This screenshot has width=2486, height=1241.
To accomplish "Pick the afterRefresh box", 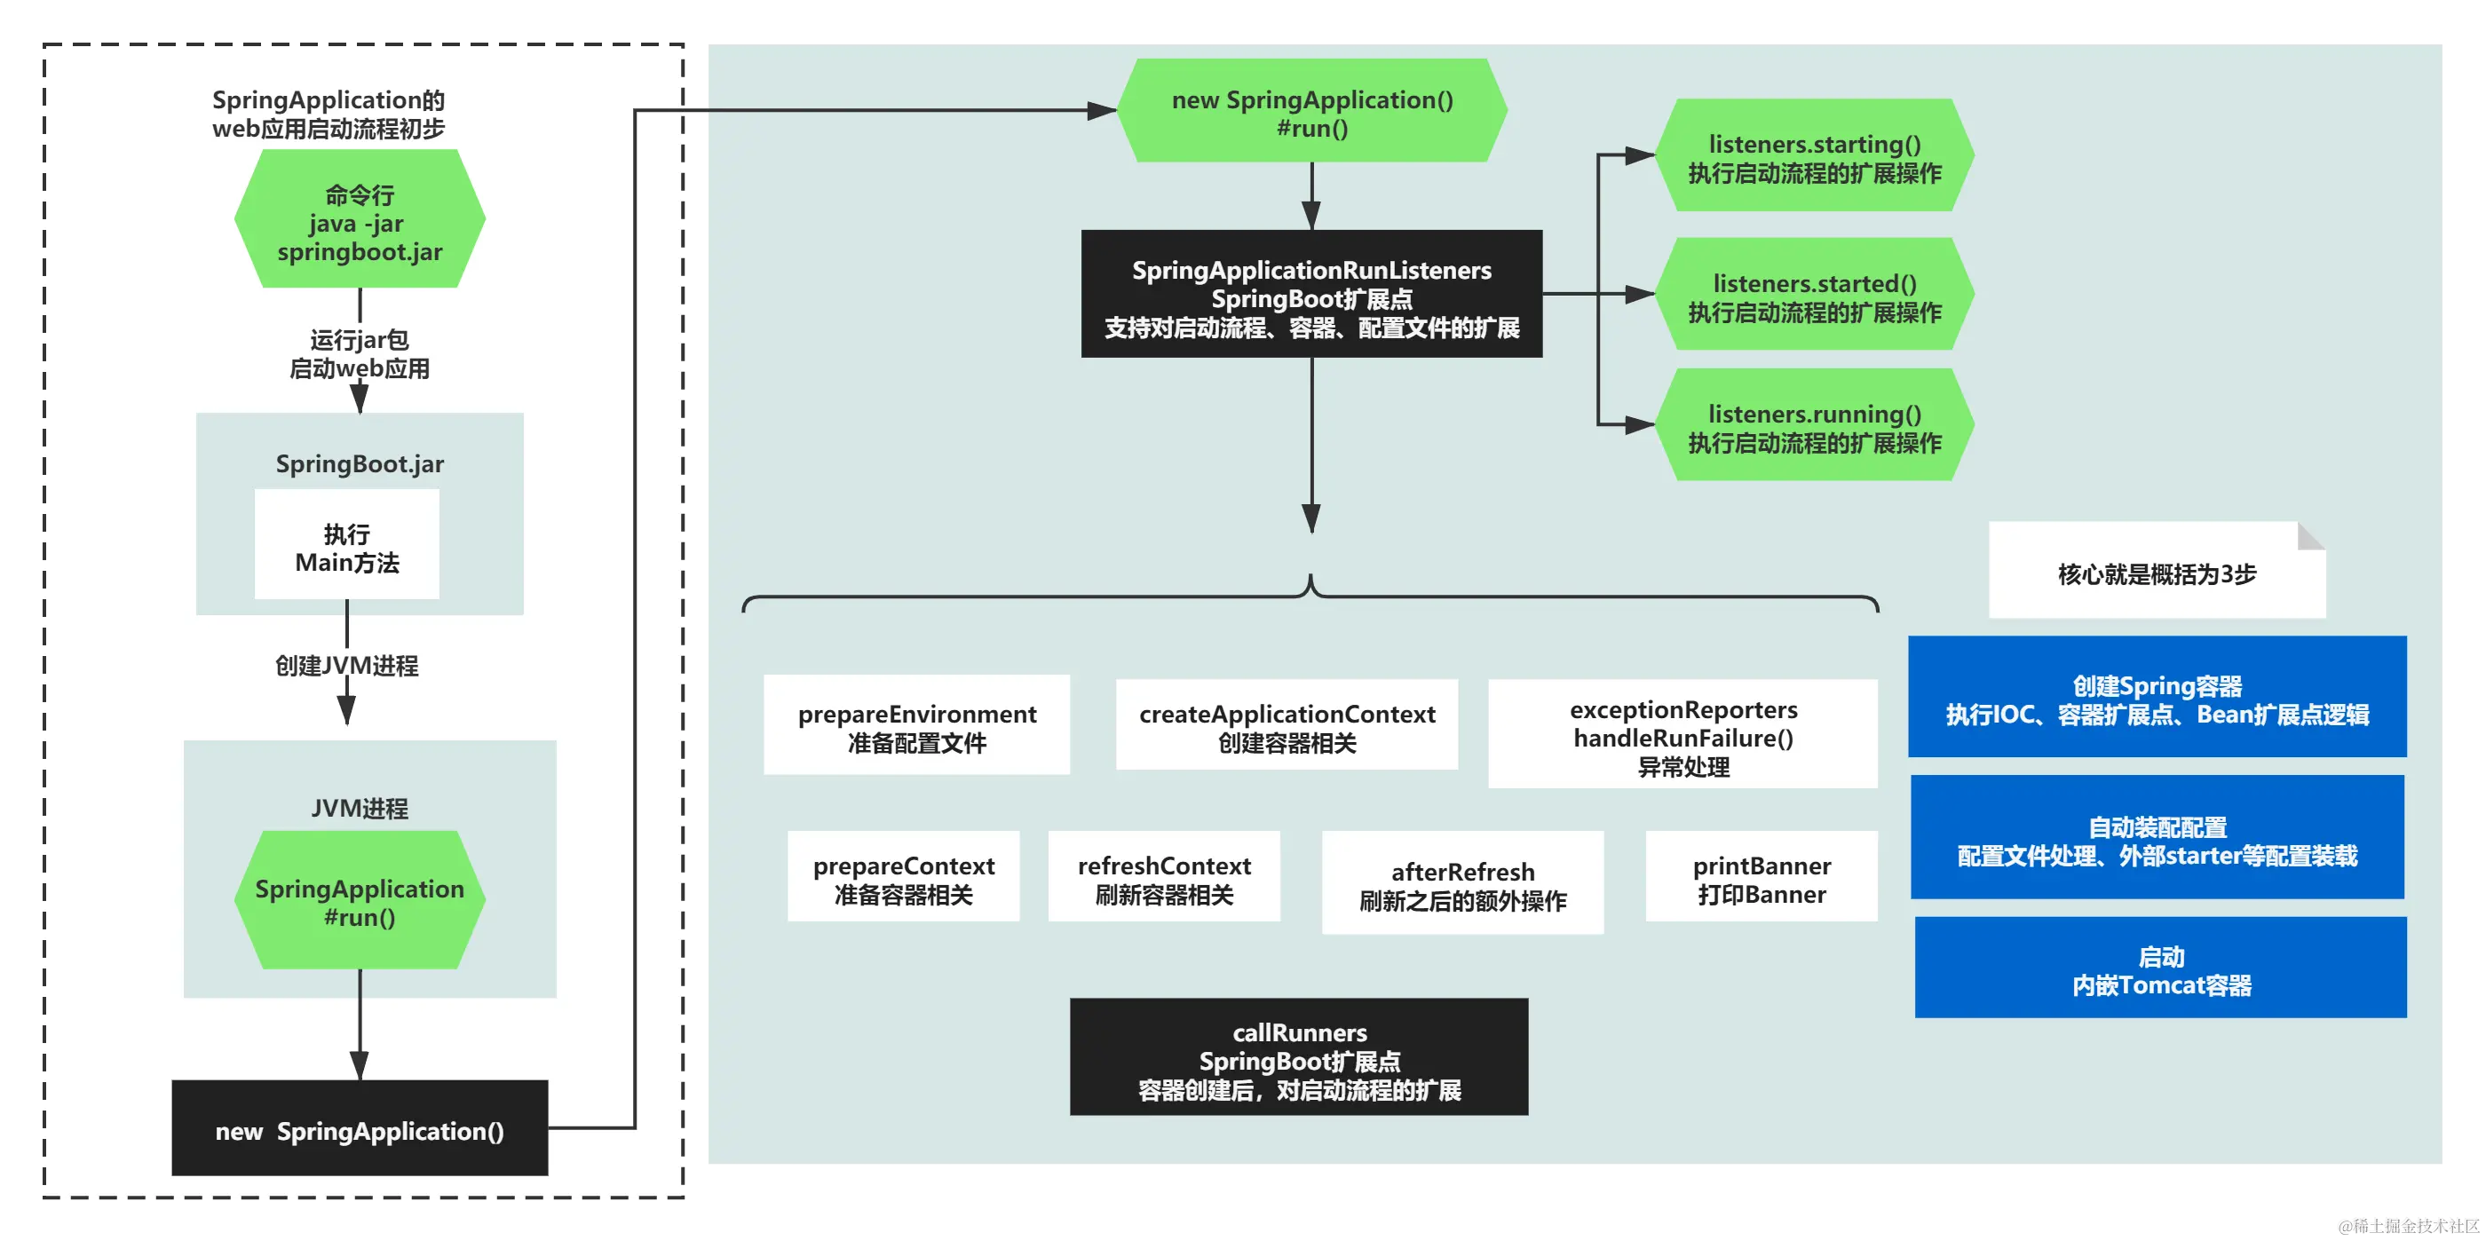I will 1462,883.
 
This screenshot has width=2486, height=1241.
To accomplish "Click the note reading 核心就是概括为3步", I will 2156,573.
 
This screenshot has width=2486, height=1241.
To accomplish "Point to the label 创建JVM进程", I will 346,666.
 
